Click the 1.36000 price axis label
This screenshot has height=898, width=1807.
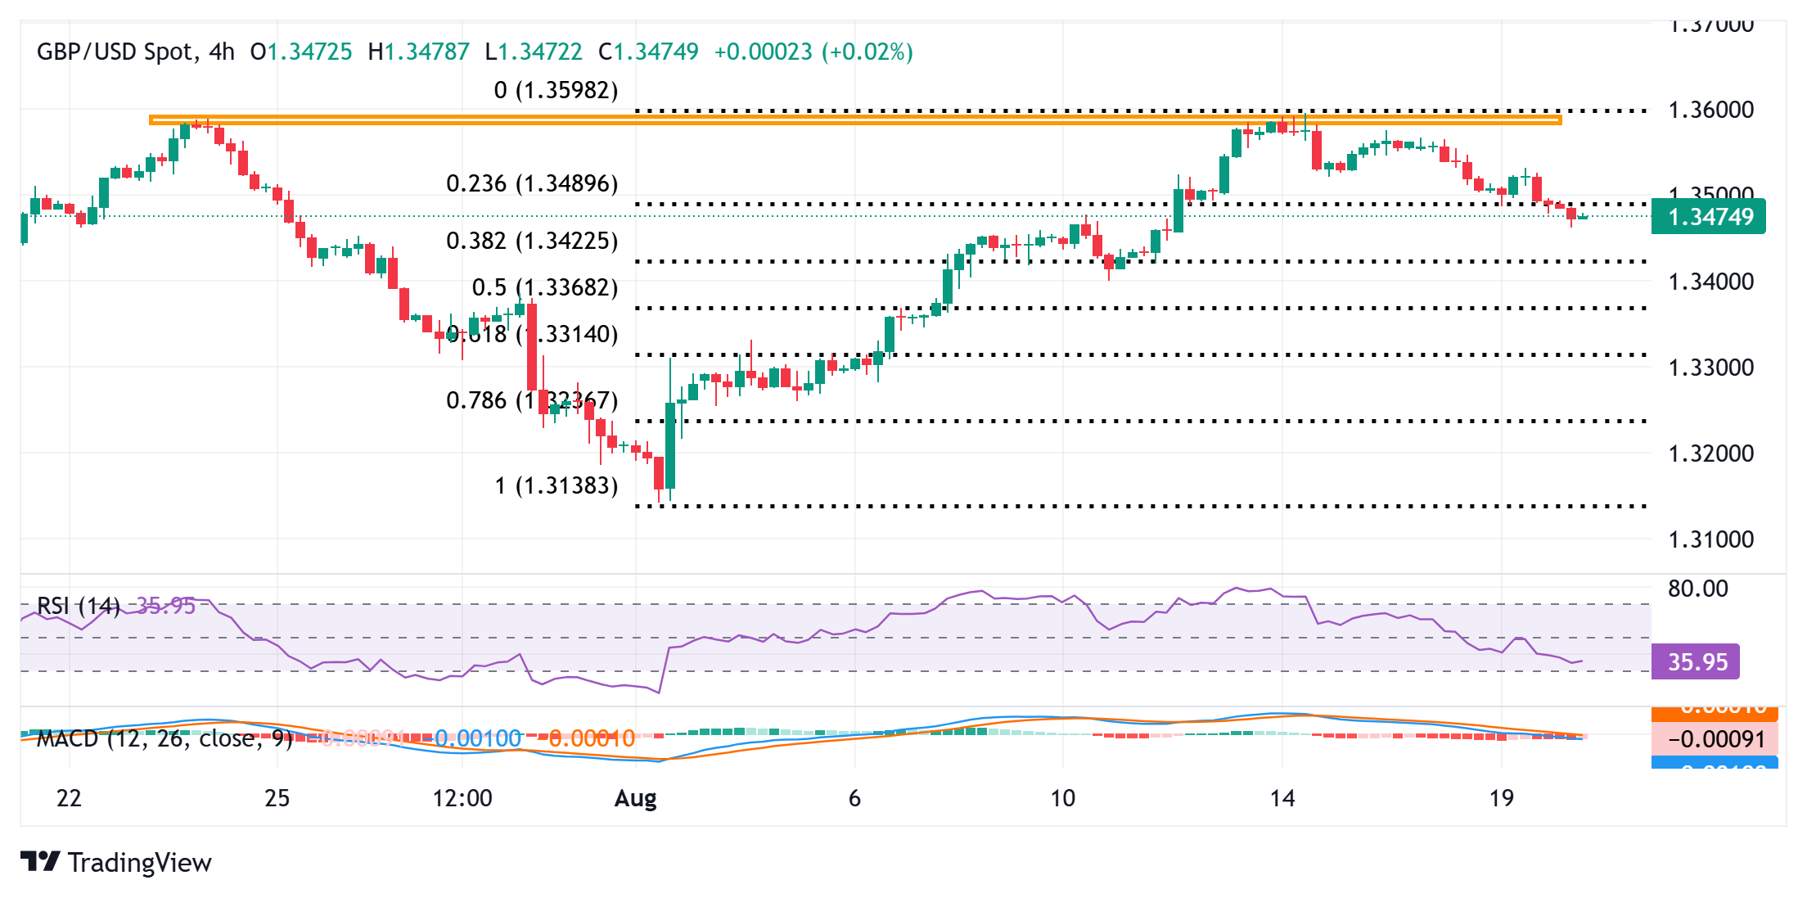pos(1710,110)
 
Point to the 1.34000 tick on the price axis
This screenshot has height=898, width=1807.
pos(1710,282)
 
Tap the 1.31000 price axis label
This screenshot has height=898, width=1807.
pos(1710,539)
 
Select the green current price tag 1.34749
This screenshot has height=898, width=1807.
pos(1708,217)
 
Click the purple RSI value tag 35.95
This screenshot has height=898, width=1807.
pos(1696,661)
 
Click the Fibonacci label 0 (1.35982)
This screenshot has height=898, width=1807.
pos(556,90)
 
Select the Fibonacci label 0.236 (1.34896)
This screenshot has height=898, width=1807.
pos(532,183)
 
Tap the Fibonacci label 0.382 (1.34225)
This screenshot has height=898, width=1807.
pos(532,241)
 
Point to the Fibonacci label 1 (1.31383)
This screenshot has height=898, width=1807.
pos(556,485)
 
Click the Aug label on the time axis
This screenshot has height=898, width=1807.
pos(636,798)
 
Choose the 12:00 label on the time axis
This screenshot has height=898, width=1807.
pos(462,798)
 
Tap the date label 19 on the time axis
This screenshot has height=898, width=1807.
pos(1502,798)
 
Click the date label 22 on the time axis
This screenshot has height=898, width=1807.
pos(70,798)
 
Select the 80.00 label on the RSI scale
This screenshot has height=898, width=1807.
pos(1698,589)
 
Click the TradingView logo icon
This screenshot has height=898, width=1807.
pos(40,862)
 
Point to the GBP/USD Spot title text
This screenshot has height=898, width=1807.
pos(115,52)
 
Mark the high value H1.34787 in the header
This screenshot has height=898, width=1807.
pos(419,52)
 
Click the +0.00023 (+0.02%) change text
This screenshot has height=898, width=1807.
pos(813,52)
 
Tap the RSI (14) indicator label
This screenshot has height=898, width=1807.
pos(79,606)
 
